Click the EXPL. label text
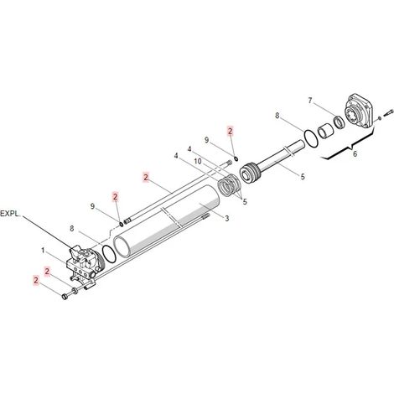[x=10, y=214]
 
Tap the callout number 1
[x=43, y=250]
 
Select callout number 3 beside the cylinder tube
[x=227, y=218]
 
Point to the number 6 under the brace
[x=355, y=153]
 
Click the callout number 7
[x=310, y=101]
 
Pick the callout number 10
[x=198, y=161]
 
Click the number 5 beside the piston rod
[x=303, y=177]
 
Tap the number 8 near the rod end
[x=277, y=115]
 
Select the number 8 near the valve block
[x=72, y=229]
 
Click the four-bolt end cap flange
[x=360, y=111]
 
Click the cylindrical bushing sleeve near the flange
[x=325, y=131]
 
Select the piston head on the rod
[x=250, y=174]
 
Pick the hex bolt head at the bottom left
[x=65, y=297]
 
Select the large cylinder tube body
[x=167, y=220]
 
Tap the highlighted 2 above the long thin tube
[x=146, y=177]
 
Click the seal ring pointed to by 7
[x=340, y=122]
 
